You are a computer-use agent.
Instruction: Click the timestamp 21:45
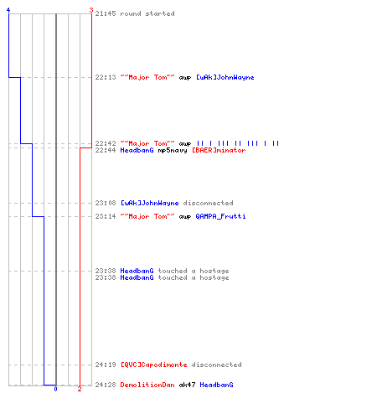(106, 13)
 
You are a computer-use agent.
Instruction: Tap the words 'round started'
(147, 13)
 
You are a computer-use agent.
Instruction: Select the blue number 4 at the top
(8, 10)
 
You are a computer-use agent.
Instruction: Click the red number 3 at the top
(91, 10)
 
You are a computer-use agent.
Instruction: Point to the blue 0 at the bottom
(55, 389)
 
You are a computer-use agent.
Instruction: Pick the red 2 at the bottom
(80, 389)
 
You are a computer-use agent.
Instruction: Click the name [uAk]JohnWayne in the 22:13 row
(225, 77)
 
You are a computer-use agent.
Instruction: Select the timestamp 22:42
(106, 143)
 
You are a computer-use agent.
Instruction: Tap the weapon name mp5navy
(173, 150)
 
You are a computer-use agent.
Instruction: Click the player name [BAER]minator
(219, 150)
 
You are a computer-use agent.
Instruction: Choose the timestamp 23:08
(106, 203)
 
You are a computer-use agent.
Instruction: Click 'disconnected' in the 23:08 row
(208, 203)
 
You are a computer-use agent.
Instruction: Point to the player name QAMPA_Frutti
(220, 216)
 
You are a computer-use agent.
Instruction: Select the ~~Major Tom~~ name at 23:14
(147, 216)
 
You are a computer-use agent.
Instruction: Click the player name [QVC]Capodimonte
(153, 365)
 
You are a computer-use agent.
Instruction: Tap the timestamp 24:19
(106, 365)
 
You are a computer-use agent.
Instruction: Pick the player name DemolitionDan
(147, 385)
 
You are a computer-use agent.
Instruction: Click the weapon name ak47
(187, 385)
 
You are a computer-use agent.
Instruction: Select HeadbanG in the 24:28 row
(216, 385)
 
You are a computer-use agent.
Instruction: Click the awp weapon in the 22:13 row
(185, 78)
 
